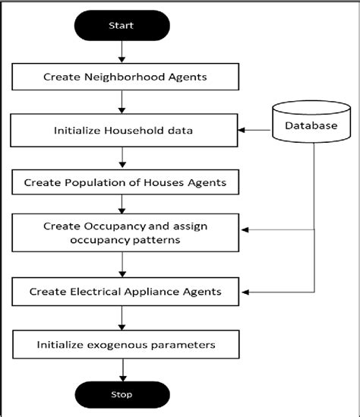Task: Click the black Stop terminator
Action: (x=122, y=394)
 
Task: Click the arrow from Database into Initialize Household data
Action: (x=256, y=130)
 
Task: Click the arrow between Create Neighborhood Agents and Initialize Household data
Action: (x=122, y=103)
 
